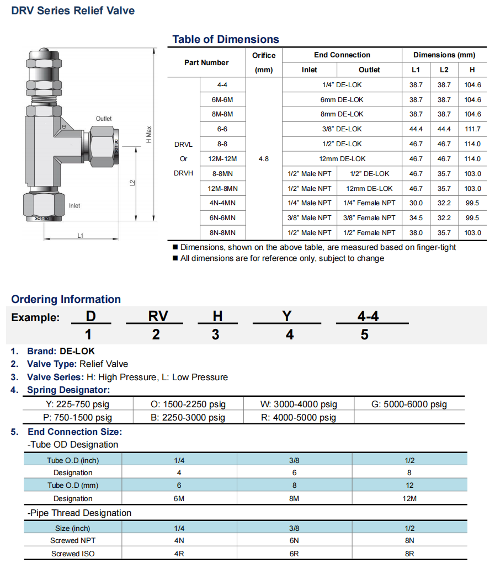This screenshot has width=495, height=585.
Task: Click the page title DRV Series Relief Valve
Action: tap(73, 10)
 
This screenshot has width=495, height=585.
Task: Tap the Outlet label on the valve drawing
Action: tap(104, 119)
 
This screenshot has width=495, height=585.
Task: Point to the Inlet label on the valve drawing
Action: tap(74, 206)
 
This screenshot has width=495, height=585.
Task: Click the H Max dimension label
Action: tap(148, 135)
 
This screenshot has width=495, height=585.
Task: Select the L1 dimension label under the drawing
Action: tap(81, 236)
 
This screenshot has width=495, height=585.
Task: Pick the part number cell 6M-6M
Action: tap(222, 100)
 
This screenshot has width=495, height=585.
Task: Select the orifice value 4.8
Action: tap(264, 159)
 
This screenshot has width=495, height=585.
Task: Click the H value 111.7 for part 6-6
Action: tap(472, 129)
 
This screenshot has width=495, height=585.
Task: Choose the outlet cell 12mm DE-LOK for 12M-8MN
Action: tap(369, 189)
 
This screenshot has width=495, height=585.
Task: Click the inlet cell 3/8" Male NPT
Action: tap(310, 218)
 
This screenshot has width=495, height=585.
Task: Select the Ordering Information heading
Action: tap(66, 300)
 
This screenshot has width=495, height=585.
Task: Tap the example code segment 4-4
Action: tap(368, 316)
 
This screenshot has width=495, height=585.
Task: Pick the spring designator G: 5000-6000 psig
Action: tap(409, 404)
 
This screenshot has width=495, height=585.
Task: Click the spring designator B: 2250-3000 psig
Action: tap(188, 417)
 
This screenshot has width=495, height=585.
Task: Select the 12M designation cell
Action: tap(409, 498)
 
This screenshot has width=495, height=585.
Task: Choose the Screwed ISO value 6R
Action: tap(294, 554)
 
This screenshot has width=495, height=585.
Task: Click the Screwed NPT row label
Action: tap(73, 541)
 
